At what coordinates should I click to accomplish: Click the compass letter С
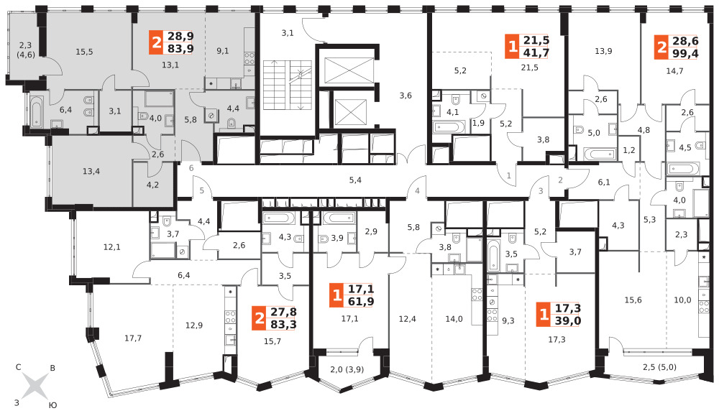[x=19, y=367]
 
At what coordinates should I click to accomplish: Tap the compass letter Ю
[x=52, y=405]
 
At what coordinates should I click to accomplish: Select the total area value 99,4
[x=685, y=54]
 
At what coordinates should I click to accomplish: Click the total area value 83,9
[x=180, y=49]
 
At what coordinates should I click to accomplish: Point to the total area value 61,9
[x=361, y=301]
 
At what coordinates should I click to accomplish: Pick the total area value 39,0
[x=568, y=320]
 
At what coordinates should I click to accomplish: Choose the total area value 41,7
[x=536, y=52]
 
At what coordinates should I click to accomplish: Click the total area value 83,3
[x=283, y=324]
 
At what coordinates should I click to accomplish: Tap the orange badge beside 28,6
[x=661, y=47]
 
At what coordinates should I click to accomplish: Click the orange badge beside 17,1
[x=337, y=295]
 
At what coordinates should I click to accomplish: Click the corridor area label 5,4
[x=355, y=180]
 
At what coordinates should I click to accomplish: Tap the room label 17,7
[x=133, y=338]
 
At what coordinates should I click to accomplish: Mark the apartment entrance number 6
[x=191, y=167]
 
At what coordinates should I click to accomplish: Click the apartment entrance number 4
[x=417, y=190]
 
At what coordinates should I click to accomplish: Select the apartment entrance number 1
[x=508, y=175]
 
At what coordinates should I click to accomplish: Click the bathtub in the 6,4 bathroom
[x=36, y=111]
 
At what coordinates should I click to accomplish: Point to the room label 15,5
[x=84, y=52]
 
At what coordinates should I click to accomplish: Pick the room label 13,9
[x=603, y=51]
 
